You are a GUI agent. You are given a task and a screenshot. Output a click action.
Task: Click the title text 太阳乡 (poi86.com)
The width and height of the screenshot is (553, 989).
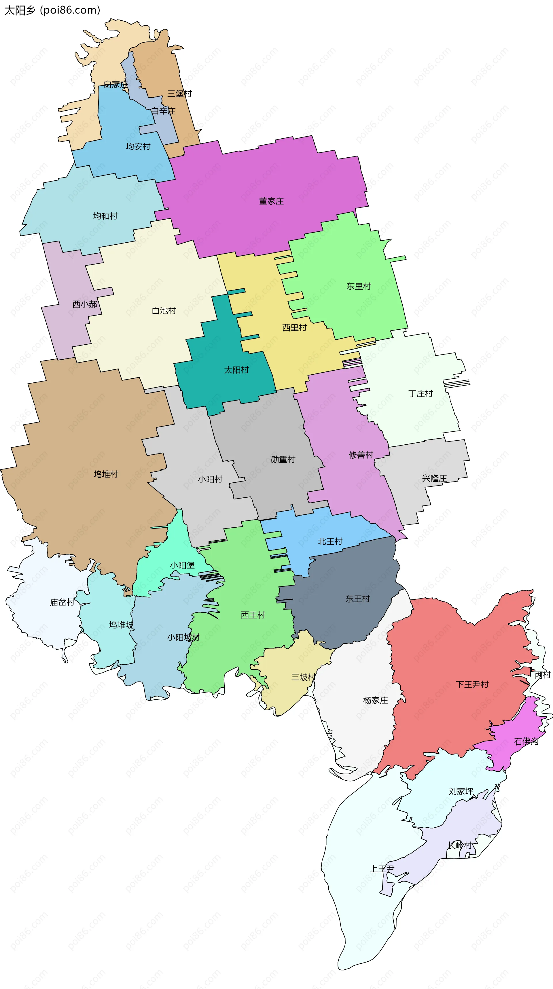tap(52, 10)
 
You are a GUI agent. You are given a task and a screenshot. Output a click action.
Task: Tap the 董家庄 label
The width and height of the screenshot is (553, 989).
tap(271, 201)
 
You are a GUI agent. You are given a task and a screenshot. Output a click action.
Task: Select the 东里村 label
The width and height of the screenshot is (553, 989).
tap(358, 286)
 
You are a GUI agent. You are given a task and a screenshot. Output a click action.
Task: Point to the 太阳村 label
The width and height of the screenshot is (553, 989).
tap(236, 370)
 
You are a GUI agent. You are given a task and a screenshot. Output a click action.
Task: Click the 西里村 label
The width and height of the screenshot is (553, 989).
tap(294, 327)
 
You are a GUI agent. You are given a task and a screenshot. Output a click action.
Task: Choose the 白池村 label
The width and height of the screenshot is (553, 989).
tap(164, 311)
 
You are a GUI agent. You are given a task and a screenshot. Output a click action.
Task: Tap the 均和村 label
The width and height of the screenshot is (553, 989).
tap(105, 216)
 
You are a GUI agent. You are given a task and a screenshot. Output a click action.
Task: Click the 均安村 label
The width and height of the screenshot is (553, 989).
tap(138, 147)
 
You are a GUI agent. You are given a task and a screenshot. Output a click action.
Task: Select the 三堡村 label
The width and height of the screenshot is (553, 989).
tap(179, 94)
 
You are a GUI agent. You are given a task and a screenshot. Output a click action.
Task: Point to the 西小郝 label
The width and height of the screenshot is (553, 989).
tap(85, 305)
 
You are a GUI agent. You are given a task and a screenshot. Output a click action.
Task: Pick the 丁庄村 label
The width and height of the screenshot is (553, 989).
tap(420, 394)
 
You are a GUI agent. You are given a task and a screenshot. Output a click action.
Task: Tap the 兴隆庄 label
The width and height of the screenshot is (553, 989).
tap(434, 478)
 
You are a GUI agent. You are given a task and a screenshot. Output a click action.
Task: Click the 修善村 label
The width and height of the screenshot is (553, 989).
tap(361, 455)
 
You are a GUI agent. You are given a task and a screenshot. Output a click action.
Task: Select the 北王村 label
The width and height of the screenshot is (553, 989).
tap(330, 542)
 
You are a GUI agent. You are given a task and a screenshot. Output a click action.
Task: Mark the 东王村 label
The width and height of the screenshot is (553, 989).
tap(357, 599)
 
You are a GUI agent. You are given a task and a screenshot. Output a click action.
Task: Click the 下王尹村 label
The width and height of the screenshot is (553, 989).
tap(472, 684)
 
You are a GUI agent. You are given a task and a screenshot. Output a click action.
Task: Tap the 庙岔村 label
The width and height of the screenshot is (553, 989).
tap(62, 602)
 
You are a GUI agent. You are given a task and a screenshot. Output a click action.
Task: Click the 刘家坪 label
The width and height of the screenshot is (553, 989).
tap(461, 792)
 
